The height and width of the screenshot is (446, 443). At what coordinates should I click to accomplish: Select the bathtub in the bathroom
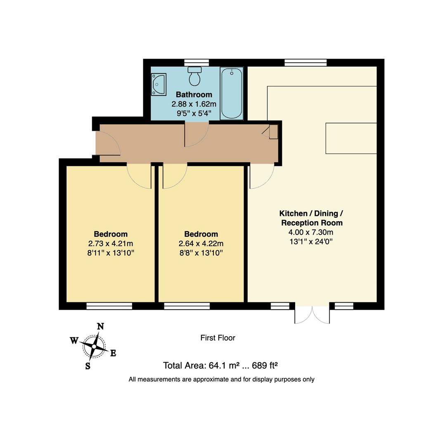[231, 93]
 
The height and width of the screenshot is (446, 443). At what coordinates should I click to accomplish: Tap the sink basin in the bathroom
[159, 84]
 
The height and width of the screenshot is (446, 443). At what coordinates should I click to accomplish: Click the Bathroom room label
[194, 95]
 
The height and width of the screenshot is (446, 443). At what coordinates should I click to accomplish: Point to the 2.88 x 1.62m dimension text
[194, 104]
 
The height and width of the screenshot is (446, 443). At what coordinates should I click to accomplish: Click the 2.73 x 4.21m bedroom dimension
[111, 244]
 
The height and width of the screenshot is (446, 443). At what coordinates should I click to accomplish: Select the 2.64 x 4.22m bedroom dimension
[201, 244]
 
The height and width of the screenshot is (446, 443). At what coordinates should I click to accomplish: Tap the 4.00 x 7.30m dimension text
[311, 232]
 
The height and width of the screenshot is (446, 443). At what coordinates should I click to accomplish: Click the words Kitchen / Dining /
[311, 214]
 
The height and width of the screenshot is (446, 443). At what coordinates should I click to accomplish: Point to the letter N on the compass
[100, 327]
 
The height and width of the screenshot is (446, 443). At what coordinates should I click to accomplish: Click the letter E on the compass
[113, 353]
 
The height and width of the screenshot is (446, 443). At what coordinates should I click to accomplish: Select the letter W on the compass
[74, 341]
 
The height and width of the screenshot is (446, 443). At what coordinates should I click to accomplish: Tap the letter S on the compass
[88, 366]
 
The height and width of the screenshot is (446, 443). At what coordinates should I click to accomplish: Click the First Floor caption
[218, 338]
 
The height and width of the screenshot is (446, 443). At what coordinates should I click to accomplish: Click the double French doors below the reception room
[312, 315]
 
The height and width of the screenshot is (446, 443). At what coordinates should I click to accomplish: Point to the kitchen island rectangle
[351, 138]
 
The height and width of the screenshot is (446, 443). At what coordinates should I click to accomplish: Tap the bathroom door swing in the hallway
[196, 135]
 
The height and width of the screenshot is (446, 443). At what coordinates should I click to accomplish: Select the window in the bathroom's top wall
[196, 63]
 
